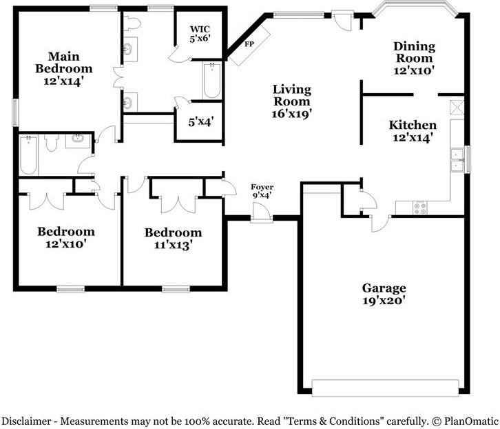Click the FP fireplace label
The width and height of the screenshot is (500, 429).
click(x=249, y=44)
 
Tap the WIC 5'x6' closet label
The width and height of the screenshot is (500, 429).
click(x=200, y=34)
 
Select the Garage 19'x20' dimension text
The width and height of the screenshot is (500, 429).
click(x=384, y=300)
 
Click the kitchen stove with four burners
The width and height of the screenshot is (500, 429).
click(x=420, y=208)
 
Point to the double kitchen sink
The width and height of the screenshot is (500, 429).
click(x=457, y=160)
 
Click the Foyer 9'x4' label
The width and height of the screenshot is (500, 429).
click(x=262, y=191)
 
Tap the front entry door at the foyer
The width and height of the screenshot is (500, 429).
click(x=262, y=211)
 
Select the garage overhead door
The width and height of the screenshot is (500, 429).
click(x=385, y=388)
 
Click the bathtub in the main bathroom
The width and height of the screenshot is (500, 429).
click(x=211, y=81)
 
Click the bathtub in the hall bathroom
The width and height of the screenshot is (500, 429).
click(x=28, y=155)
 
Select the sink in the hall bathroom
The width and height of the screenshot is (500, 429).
click(x=78, y=140)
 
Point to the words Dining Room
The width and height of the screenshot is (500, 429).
click(x=414, y=52)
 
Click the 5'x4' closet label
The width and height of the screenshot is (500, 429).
click(x=200, y=121)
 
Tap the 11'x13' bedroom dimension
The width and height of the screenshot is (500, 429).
click(x=173, y=245)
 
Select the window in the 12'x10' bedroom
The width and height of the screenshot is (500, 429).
click(x=70, y=290)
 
